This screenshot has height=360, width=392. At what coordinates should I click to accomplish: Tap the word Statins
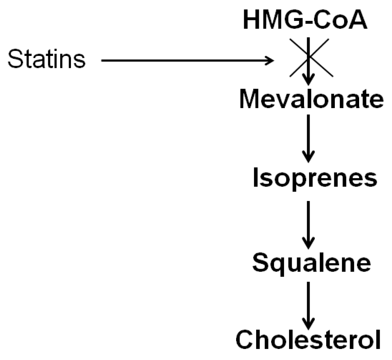pos(47,59)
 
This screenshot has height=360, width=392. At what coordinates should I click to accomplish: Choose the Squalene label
pos(311,263)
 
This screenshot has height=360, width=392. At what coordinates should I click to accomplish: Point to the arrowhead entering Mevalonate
pos(309,80)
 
